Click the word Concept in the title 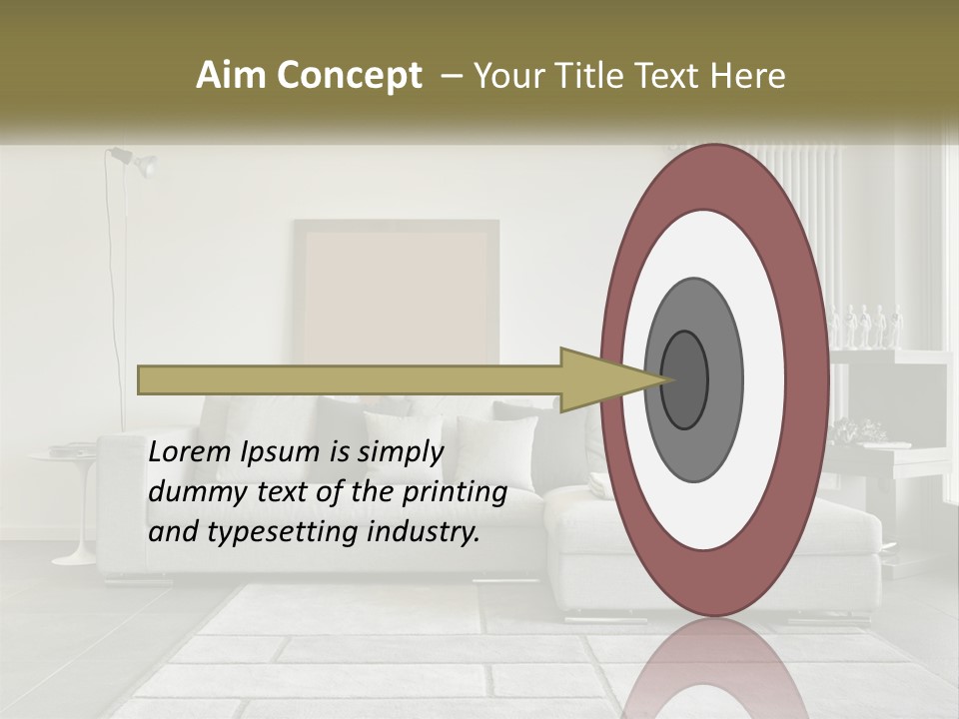349,76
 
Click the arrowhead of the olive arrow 599,379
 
